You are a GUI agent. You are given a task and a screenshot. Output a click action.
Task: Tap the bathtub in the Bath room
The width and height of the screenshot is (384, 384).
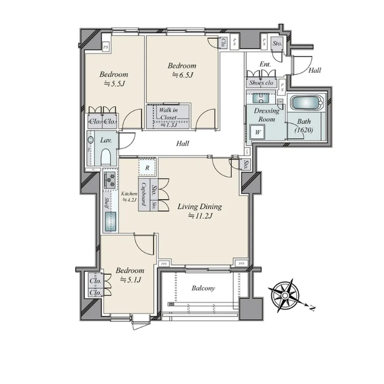[308, 103]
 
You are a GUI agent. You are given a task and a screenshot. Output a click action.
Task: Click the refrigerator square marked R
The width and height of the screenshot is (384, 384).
[148, 168]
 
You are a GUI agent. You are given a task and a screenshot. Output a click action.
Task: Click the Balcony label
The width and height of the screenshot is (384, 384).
[202, 288]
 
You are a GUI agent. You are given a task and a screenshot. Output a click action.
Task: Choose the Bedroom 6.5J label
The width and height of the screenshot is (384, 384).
[182, 70]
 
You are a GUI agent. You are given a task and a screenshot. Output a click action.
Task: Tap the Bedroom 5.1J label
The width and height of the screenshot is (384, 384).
[130, 275]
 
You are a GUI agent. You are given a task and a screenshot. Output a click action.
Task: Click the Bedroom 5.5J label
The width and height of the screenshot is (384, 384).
[114, 78]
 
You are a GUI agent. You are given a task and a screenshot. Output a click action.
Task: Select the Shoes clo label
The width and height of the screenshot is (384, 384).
[262, 83]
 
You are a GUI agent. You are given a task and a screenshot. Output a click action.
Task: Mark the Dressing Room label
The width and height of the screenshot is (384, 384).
[266, 115]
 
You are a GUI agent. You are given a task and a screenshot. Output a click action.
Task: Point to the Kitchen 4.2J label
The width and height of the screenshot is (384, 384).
[129, 196]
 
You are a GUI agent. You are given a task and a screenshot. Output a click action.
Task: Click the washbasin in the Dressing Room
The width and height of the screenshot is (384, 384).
[259, 98]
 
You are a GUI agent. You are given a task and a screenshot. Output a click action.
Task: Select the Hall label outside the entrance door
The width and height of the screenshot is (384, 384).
[314, 70]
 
